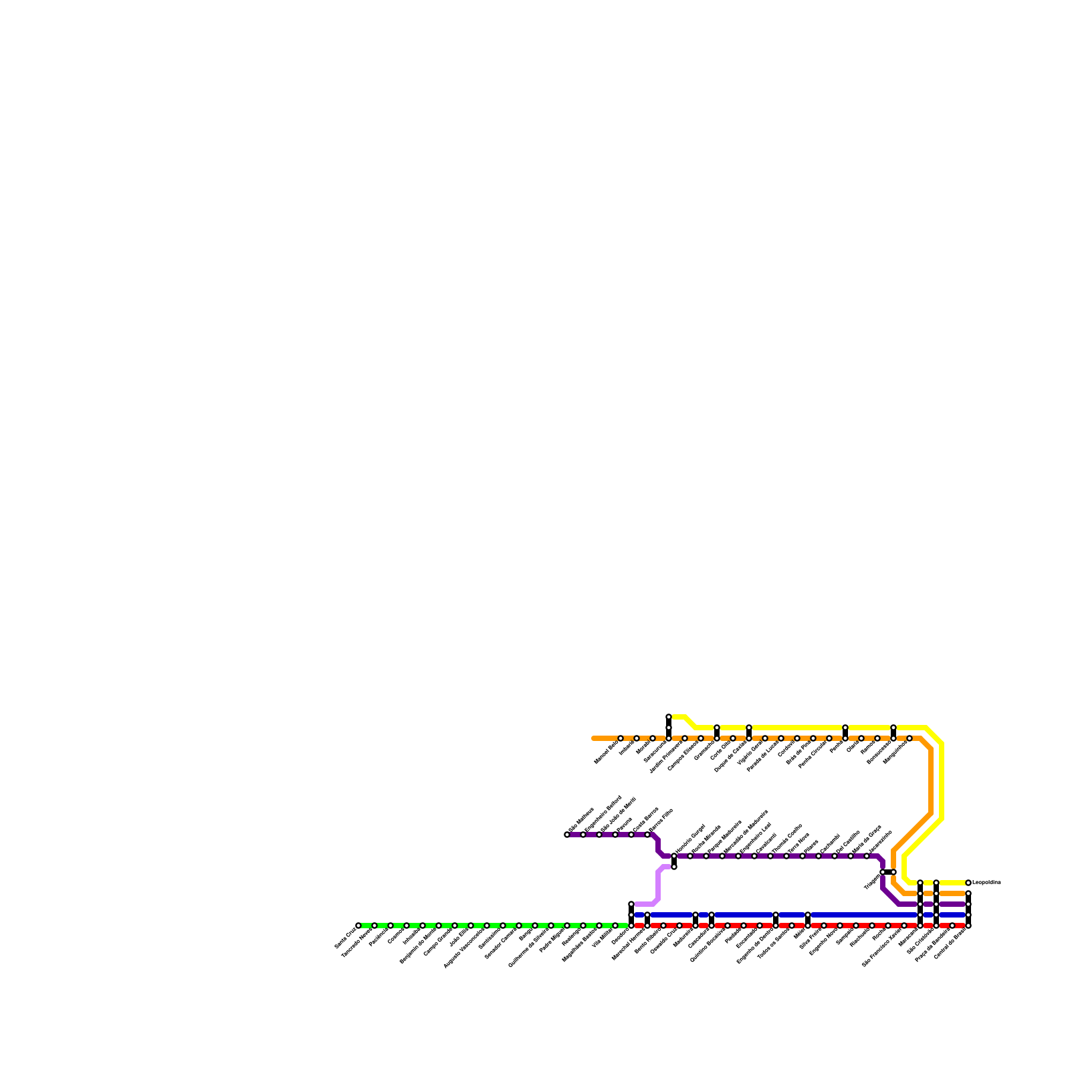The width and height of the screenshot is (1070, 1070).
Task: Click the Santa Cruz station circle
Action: tap(358, 926)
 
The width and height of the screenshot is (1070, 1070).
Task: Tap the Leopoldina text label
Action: tap(986, 883)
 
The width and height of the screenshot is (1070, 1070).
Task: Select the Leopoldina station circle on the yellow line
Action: tap(968, 883)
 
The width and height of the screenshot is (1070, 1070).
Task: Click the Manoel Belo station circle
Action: tap(621, 738)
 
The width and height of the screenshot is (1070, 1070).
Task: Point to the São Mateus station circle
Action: tap(567, 835)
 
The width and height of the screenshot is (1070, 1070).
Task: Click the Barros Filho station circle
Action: tap(647, 835)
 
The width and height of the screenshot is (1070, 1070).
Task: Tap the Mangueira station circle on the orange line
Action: tap(909, 738)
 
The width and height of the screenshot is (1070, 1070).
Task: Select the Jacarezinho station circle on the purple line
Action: tap(867, 856)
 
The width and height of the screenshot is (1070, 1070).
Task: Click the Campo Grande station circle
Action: tap(439, 926)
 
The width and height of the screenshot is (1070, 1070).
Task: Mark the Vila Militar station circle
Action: tap(615, 926)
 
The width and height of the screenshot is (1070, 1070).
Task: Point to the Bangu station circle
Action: tap(535, 926)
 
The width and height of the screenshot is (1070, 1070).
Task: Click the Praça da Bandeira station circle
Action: tap(952, 926)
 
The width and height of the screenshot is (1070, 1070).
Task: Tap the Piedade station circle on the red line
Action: tap(744, 926)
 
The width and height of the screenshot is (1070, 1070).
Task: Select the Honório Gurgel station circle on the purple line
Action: tap(674, 856)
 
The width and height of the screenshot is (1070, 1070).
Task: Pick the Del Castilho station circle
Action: tap(835, 856)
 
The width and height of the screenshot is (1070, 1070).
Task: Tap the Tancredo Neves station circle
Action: tap(374, 926)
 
